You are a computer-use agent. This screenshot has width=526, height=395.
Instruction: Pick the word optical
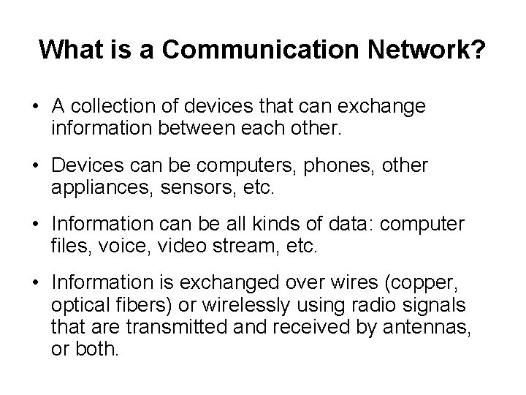point(79,306)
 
